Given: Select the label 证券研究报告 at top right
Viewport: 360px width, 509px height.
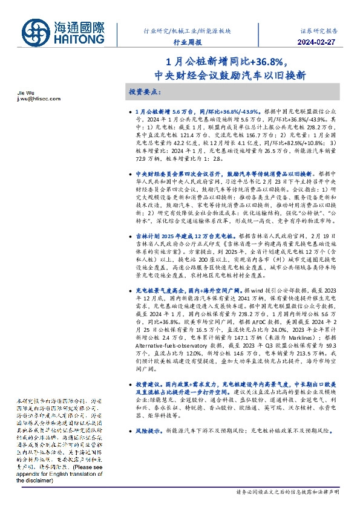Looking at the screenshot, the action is [319, 30].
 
